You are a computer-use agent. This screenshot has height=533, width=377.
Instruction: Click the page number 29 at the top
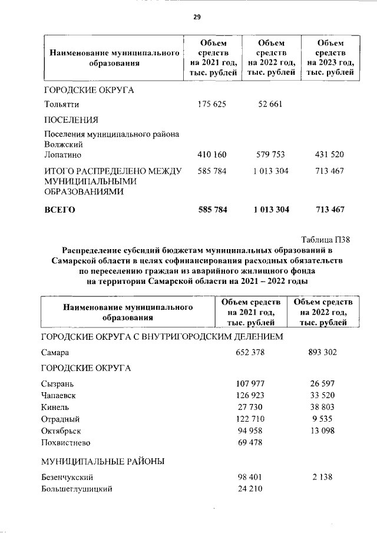197,17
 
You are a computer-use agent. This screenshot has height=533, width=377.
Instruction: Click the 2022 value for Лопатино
270,155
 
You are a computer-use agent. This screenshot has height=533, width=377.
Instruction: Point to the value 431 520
330,155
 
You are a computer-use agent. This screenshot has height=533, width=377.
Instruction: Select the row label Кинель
55,408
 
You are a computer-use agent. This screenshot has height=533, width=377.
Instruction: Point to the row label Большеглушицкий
77,488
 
